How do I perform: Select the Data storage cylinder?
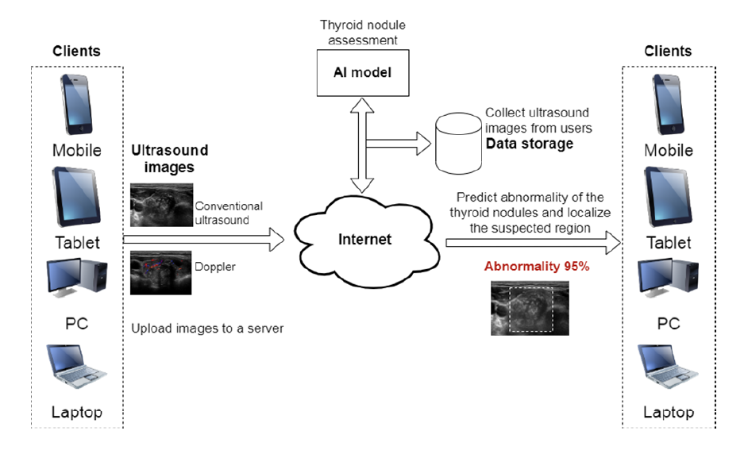[458, 143]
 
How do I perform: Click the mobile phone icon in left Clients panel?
[76, 105]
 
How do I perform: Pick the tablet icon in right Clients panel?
[668, 196]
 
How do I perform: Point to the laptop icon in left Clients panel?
[76, 366]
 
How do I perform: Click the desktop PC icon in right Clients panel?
[668, 278]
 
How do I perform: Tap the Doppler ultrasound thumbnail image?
[160, 273]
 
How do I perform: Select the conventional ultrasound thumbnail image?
[162, 205]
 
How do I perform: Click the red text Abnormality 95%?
[537, 266]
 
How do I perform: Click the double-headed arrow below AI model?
[362, 145]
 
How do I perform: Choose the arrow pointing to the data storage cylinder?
[399, 144]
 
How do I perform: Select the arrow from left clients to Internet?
[204, 240]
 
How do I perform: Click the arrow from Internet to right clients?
[534, 243]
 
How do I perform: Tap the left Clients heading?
[76, 51]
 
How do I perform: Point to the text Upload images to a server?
[207, 329]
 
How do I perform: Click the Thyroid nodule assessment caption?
[363, 33]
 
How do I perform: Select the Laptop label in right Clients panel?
[669, 412]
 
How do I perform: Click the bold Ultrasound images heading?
[170, 159]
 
